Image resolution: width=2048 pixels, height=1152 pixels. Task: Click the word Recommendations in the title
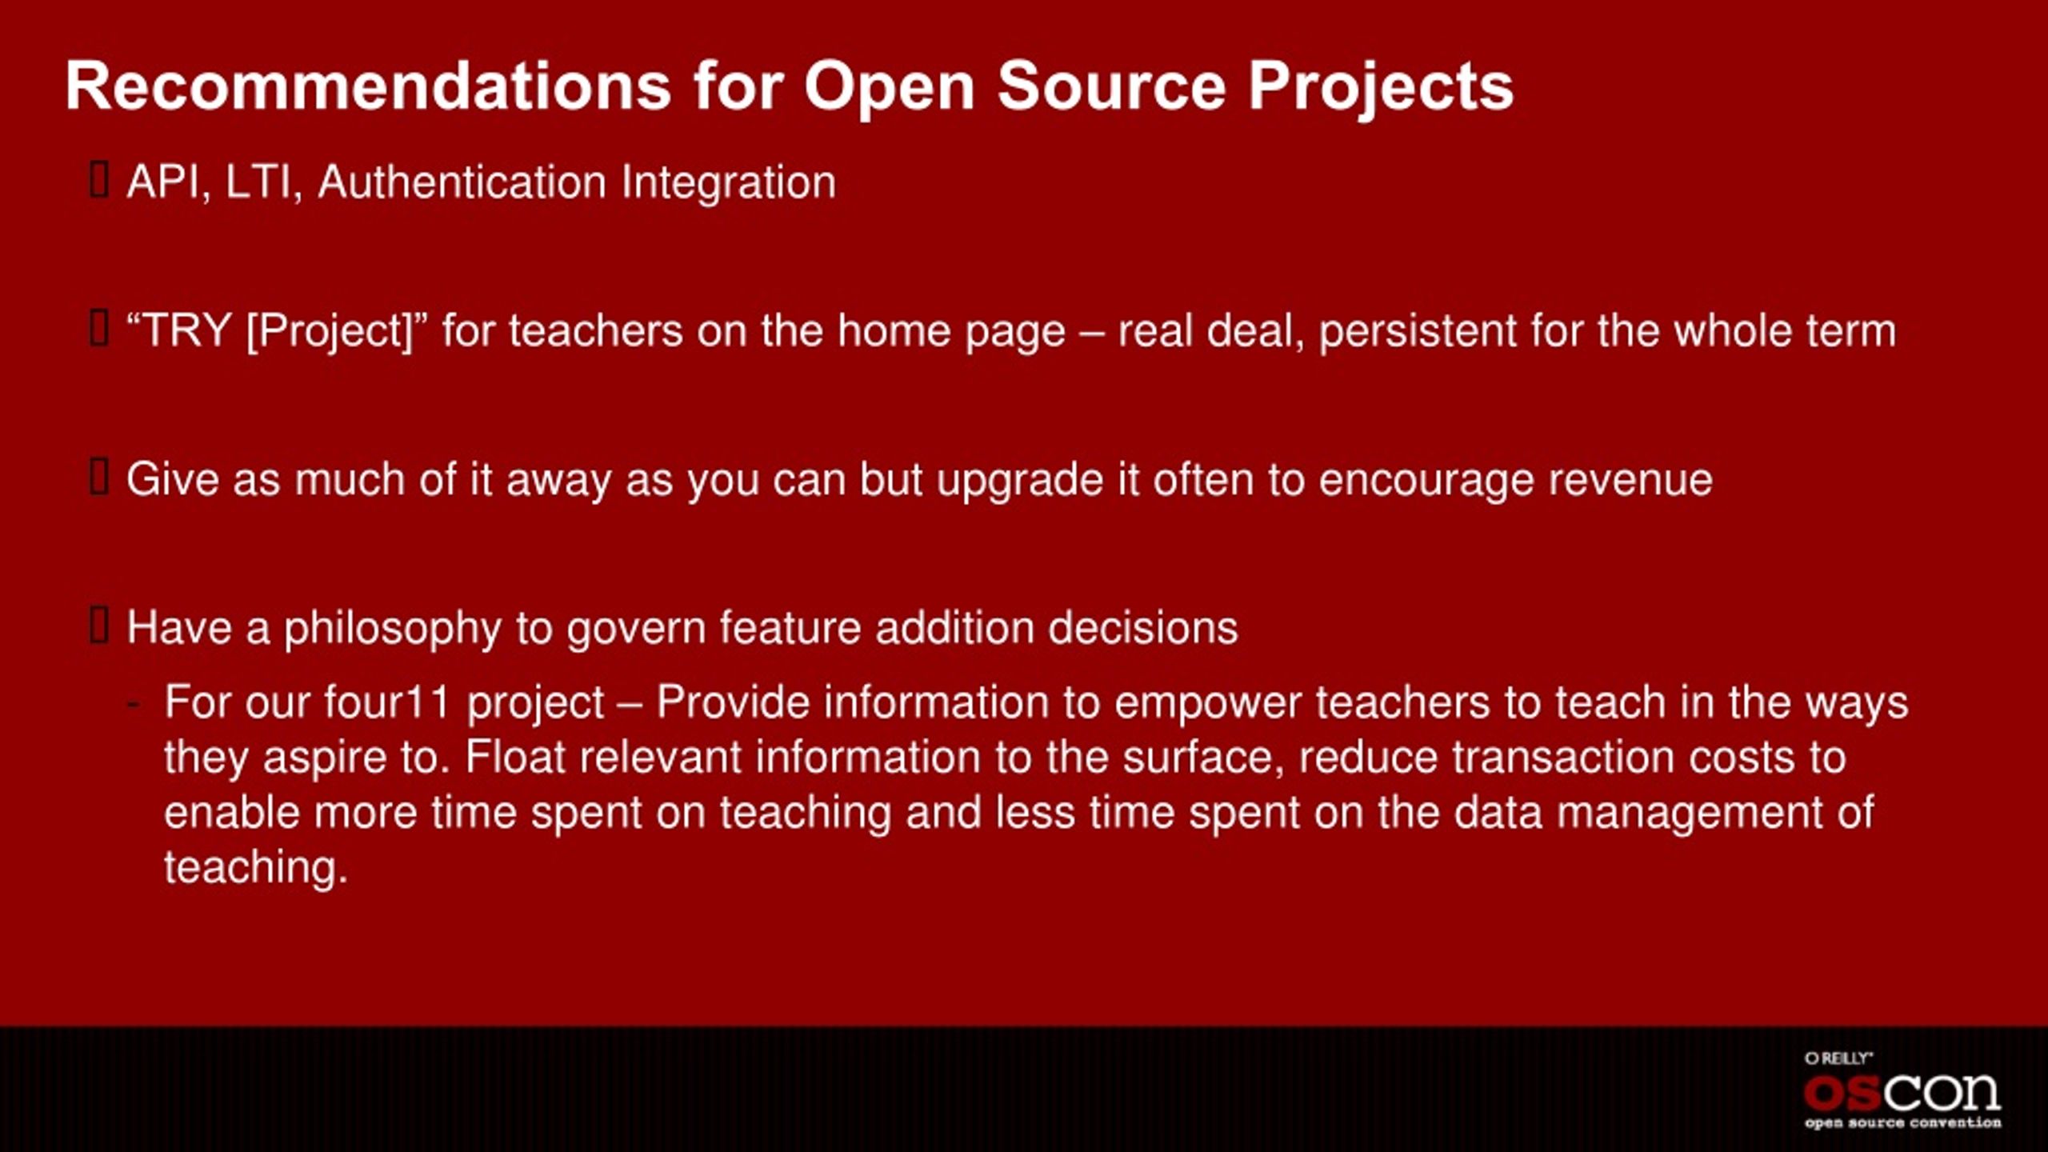coord(368,86)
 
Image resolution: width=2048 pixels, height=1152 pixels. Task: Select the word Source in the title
coord(1111,86)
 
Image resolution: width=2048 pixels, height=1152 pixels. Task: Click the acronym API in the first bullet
coord(164,182)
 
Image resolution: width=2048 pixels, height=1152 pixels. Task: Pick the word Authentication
coord(462,182)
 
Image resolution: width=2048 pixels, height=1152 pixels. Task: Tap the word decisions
coord(1143,628)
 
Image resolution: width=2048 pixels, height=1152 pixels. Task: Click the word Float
coord(516,758)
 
